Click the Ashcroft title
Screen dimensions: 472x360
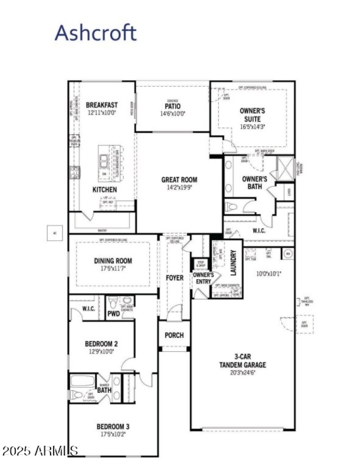coord(95,33)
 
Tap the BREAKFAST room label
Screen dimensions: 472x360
coord(102,105)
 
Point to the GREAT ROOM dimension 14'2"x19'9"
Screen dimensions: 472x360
coord(179,187)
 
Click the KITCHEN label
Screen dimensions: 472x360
coord(104,190)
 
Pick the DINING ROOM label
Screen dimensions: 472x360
coord(113,261)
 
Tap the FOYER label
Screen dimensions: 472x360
coord(175,278)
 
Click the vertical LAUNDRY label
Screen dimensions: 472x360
coord(233,263)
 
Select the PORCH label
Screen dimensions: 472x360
coord(174,336)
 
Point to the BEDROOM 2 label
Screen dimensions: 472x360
coord(102,344)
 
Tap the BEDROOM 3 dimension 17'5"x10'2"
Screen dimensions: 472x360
coord(113,434)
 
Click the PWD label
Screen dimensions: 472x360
coord(113,313)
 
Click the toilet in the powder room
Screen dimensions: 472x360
coord(112,301)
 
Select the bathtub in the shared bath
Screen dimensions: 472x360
coord(82,381)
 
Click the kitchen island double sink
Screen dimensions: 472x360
coord(104,160)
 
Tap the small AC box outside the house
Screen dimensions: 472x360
coord(54,233)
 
